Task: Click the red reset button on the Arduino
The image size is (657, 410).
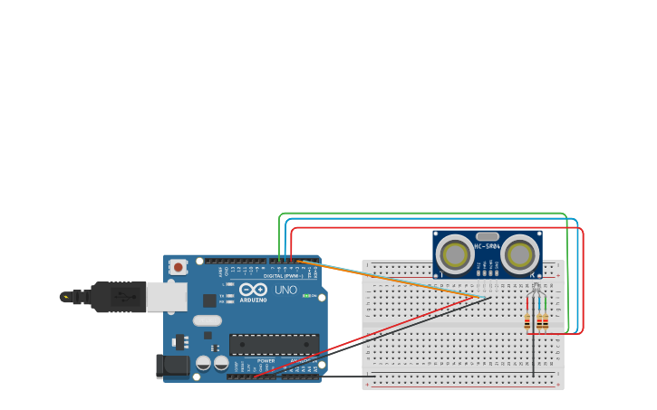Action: pyautogui.click(x=179, y=266)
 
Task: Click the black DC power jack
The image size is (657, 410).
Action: pyautogui.click(x=171, y=367)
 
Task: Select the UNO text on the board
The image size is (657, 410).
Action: pyautogui.click(x=285, y=291)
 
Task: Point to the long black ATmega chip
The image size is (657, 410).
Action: pyautogui.click(x=274, y=344)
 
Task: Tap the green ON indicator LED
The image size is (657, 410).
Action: pyautogui.click(x=307, y=295)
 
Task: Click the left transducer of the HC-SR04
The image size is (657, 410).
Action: pyautogui.click(x=454, y=255)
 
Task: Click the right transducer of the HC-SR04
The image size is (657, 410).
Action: pyautogui.click(x=520, y=255)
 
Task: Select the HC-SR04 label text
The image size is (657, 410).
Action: pyautogui.click(x=488, y=246)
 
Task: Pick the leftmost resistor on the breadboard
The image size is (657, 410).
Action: pyautogui.click(x=528, y=320)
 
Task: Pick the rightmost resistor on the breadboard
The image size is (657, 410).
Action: pyautogui.click(x=545, y=320)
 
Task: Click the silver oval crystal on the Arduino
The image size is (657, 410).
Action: pyautogui.click(x=207, y=319)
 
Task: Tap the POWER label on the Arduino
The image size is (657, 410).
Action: pyautogui.click(x=266, y=361)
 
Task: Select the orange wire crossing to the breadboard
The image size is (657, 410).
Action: pyautogui.click(x=390, y=280)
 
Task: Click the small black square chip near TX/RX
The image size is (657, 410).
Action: pyautogui.click(x=209, y=300)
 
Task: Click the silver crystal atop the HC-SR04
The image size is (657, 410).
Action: pyautogui.click(x=488, y=235)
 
